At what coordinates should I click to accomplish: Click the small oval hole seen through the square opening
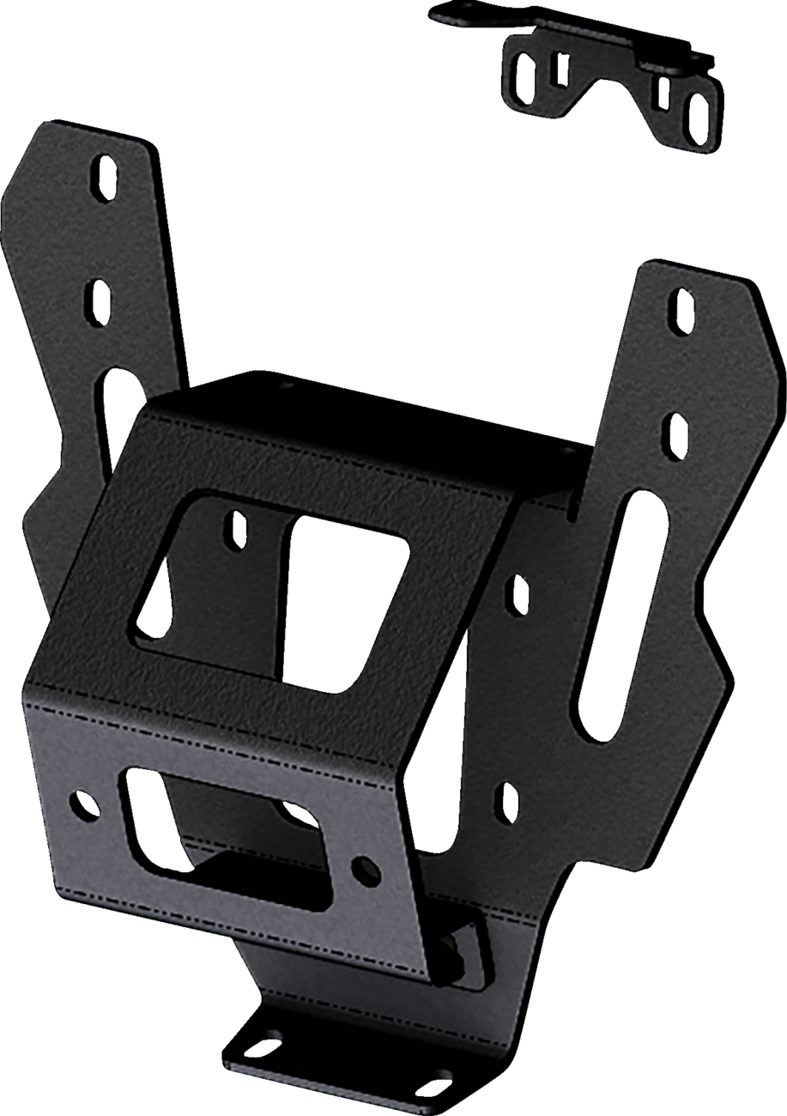[x=233, y=530]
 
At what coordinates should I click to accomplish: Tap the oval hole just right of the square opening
[x=518, y=595]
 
